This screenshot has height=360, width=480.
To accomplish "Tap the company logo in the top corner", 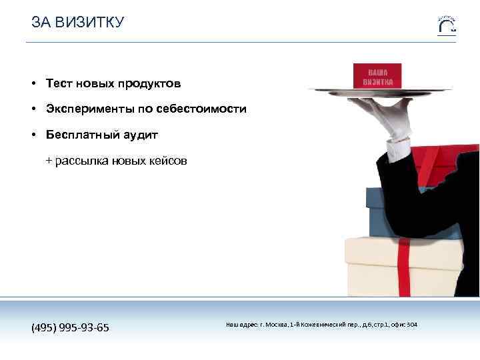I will point(447,24).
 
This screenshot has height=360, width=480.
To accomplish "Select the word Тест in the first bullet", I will point(59,83).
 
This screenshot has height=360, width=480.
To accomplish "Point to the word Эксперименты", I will point(89,109).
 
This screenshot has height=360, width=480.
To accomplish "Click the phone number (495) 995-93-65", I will point(71,327).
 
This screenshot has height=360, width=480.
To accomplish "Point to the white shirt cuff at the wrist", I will point(399,151).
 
